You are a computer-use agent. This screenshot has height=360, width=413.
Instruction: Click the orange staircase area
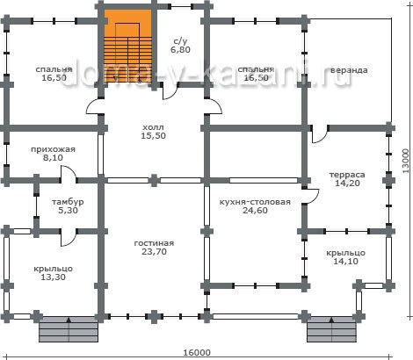[128, 46]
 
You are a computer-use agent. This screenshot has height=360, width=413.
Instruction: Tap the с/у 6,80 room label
[180, 46]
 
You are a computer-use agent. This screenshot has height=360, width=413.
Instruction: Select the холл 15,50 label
[153, 132]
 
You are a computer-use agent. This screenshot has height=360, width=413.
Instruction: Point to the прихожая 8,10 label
[53, 154]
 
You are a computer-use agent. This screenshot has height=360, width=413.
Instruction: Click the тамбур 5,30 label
[68, 206]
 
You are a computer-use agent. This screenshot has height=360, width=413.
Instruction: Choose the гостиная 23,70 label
[154, 248]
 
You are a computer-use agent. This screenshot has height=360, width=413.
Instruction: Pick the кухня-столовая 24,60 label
[255, 206]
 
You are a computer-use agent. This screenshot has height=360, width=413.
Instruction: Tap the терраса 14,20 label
[347, 179]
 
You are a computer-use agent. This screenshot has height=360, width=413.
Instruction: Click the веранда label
[349, 70]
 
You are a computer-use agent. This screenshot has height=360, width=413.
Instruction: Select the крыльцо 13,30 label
[53, 273]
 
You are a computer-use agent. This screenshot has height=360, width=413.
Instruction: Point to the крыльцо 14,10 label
[345, 256]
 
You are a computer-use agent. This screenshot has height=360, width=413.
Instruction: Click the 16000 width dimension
[197, 352]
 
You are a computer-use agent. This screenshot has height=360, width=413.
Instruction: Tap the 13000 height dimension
[405, 161]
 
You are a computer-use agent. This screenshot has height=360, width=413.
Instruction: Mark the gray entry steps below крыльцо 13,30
[69, 329]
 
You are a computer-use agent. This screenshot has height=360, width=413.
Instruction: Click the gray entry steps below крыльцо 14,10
[331, 329]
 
